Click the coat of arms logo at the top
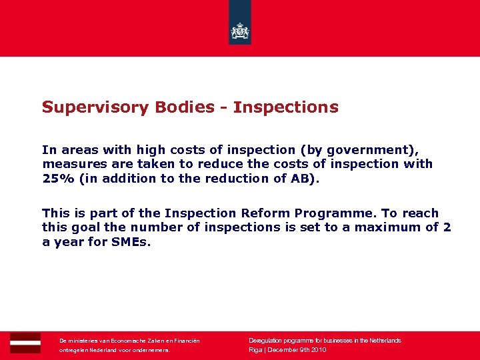click(239, 30)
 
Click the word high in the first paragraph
click(151, 150)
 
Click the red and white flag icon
click(25, 342)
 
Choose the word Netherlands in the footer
click(381, 341)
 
